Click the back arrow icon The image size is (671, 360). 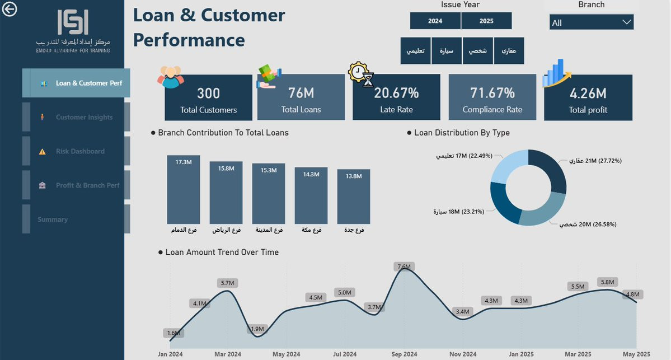pyautogui.click(x=10, y=9)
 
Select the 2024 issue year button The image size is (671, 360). pyautogui.click(x=435, y=21)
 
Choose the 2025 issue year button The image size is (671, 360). pyautogui.click(x=486, y=21)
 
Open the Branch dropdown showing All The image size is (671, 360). pyautogui.click(x=591, y=22)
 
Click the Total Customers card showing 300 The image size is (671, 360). pyautogui.click(x=208, y=98)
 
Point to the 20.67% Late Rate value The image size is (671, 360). pyautogui.click(x=396, y=93)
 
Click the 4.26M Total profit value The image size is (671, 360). pyautogui.click(x=588, y=93)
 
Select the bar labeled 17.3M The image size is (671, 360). pyautogui.click(x=184, y=190)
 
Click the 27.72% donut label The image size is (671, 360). pyautogui.click(x=595, y=161)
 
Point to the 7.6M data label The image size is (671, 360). pyautogui.click(x=404, y=267)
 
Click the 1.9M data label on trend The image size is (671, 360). pyautogui.click(x=258, y=329)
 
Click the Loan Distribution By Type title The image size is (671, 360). pyautogui.click(x=462, y=133)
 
